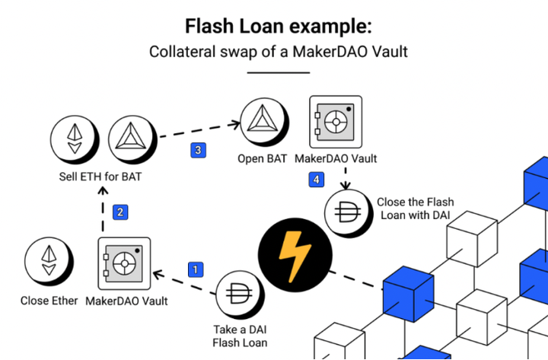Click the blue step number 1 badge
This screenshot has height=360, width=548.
[196, 269]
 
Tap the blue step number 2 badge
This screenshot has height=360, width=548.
[120, 212]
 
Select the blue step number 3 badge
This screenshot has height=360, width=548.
[198, 150]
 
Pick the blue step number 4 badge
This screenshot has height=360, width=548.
[317, 180]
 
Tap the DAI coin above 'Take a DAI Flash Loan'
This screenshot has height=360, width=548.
[240, 295]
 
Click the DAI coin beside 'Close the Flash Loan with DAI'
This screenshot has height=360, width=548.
[348, 213]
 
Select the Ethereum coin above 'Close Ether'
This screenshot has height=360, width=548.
[49, 261]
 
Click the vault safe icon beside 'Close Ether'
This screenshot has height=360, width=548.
[124, 263]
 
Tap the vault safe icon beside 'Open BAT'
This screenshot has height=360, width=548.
[336, 122]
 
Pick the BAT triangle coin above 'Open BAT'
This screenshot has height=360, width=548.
[265, 123]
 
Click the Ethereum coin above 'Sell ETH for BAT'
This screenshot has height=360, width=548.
[75, 140]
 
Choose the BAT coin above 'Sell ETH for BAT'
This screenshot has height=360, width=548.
[132, 140]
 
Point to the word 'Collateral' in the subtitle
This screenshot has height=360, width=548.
[182, 52]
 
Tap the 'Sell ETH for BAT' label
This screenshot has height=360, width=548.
[100, 177]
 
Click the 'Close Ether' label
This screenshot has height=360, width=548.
[49, 301]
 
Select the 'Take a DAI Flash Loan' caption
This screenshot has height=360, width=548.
[240, 336]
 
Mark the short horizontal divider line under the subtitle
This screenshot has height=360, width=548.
[279, 73]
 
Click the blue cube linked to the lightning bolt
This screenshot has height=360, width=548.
[408, 294]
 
